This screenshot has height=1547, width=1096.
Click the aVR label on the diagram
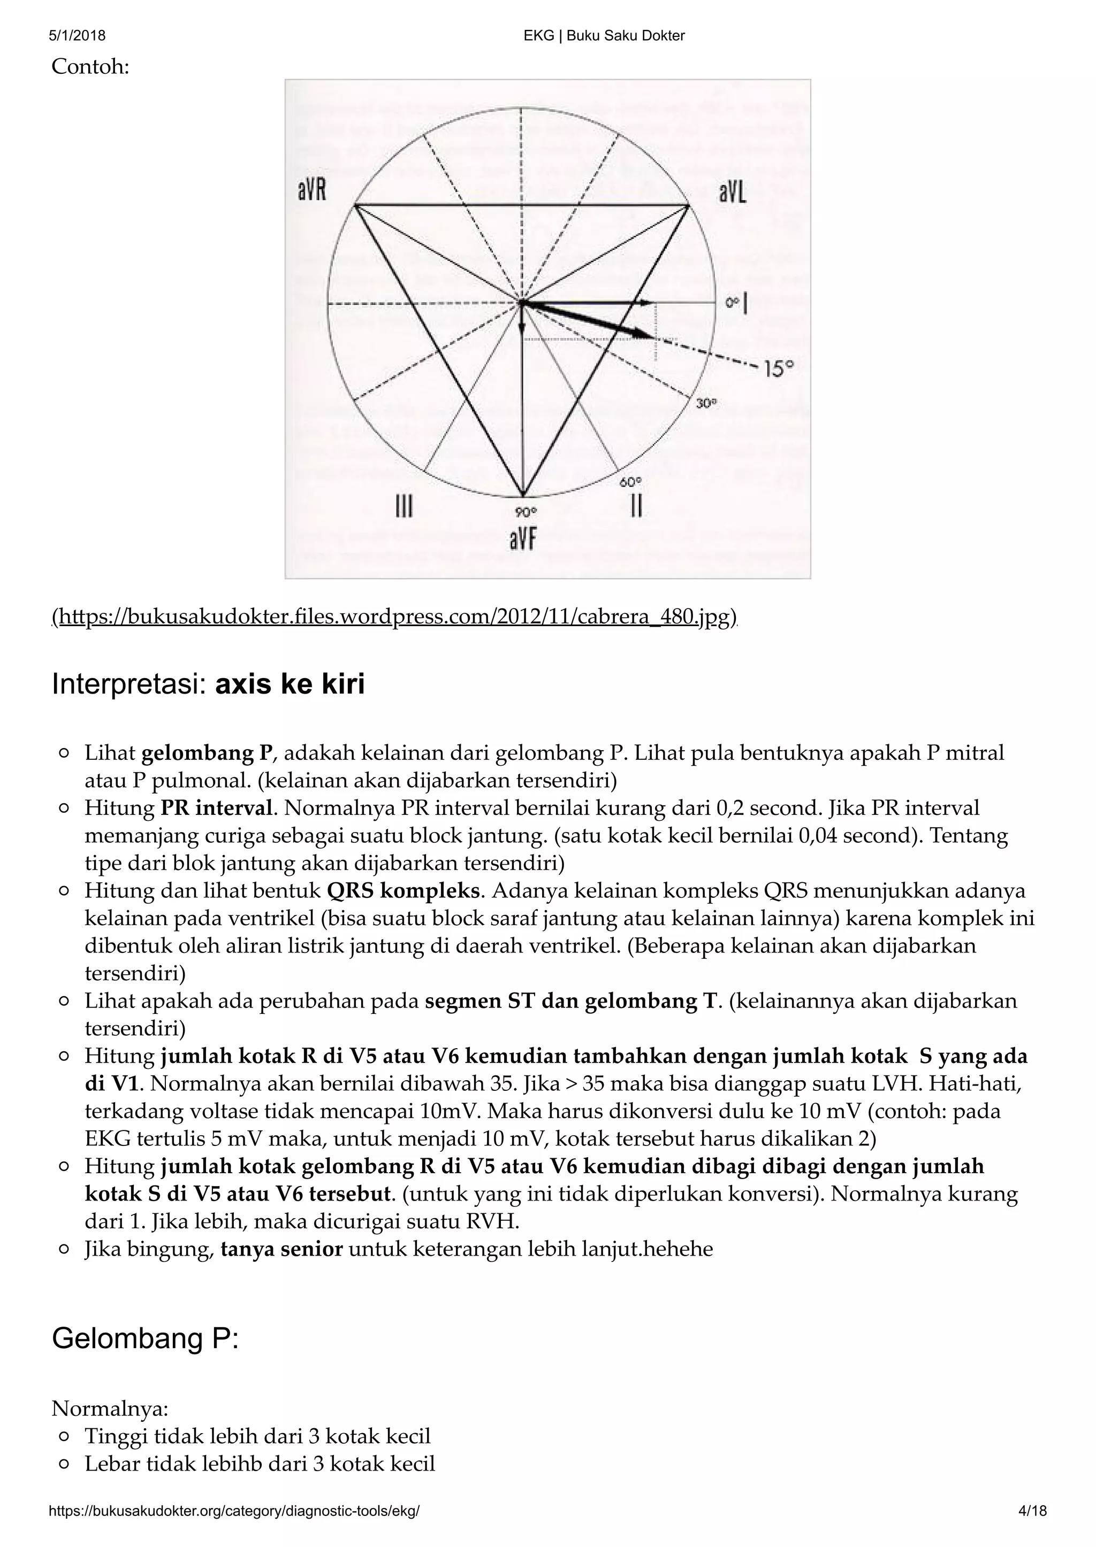[x=312, y=191]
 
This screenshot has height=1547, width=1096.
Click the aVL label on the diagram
[x=732, y=194]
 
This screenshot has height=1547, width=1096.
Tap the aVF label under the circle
[x=522, y=540]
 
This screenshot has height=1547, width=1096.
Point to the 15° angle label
[x=779, y=368]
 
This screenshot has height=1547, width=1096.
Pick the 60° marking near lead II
[x=630, y=482]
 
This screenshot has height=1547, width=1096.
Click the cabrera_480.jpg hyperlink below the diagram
[x=395, y=617]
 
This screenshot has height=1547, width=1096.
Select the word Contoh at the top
[x=90, y=67]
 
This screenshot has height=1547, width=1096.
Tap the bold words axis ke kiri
[x=290, y=684]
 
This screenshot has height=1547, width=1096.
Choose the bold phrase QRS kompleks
[x=403, y=891]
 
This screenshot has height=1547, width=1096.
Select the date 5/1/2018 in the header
[x=77, y=36]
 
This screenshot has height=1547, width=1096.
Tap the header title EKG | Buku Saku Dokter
[x=604, y=36]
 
